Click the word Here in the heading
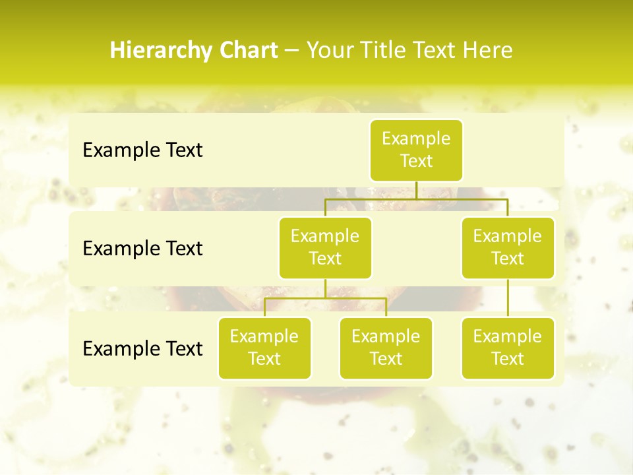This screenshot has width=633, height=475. pyautogui.click(x=489, y=51)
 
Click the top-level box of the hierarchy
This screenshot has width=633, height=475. pyautogui.click(x=416, y=150)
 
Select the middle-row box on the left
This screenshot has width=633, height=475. pyautogui.click(x=325, y=247)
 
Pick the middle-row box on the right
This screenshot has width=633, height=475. pyautogui.click(x=508, y=247)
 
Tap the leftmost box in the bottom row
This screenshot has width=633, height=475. pyautogui.click(x=264, y=348)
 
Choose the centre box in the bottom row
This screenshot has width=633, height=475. pyautogui.click(x=386, y=348)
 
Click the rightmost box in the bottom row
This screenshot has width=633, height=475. pyautogui.click(x=508, y=348)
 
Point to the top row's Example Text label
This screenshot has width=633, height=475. pyautogui.click(x=142, y=150)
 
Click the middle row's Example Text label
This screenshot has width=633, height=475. pyautogui.click(x=142, y=249)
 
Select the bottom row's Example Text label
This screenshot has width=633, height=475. pyautogui.click(x=142, y=348)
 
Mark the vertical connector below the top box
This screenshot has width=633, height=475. pyautogui.click(x=416, y=190)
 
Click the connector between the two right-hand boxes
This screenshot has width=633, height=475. pyautogui.click(x=508, y=298)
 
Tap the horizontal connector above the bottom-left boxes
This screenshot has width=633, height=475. pyautogui.click(x=325, y=298)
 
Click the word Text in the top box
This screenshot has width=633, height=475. pyautogui.click(x=416, y=161)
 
